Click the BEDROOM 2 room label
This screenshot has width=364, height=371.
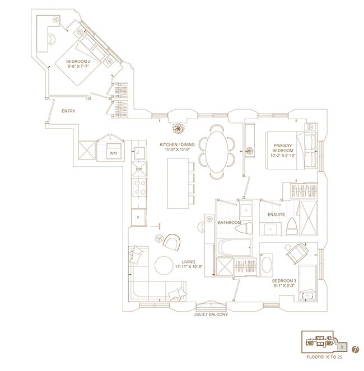78,62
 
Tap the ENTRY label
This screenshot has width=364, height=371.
68,111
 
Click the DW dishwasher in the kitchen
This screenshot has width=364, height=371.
139,169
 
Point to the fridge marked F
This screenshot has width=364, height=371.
138,217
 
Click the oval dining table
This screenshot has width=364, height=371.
217,152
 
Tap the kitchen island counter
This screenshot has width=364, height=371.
178,184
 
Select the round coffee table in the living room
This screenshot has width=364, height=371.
164,265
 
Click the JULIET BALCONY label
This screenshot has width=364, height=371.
211,314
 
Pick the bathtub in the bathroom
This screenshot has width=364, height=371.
235,248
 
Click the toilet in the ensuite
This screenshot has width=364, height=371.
292,226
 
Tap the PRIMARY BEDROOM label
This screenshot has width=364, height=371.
283,151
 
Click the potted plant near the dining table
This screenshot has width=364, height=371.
178,128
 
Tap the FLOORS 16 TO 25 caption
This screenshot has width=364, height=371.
324,357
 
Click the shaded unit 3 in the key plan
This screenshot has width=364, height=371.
342,347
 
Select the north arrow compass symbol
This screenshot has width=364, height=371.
355,349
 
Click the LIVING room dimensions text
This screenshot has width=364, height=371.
189,267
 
